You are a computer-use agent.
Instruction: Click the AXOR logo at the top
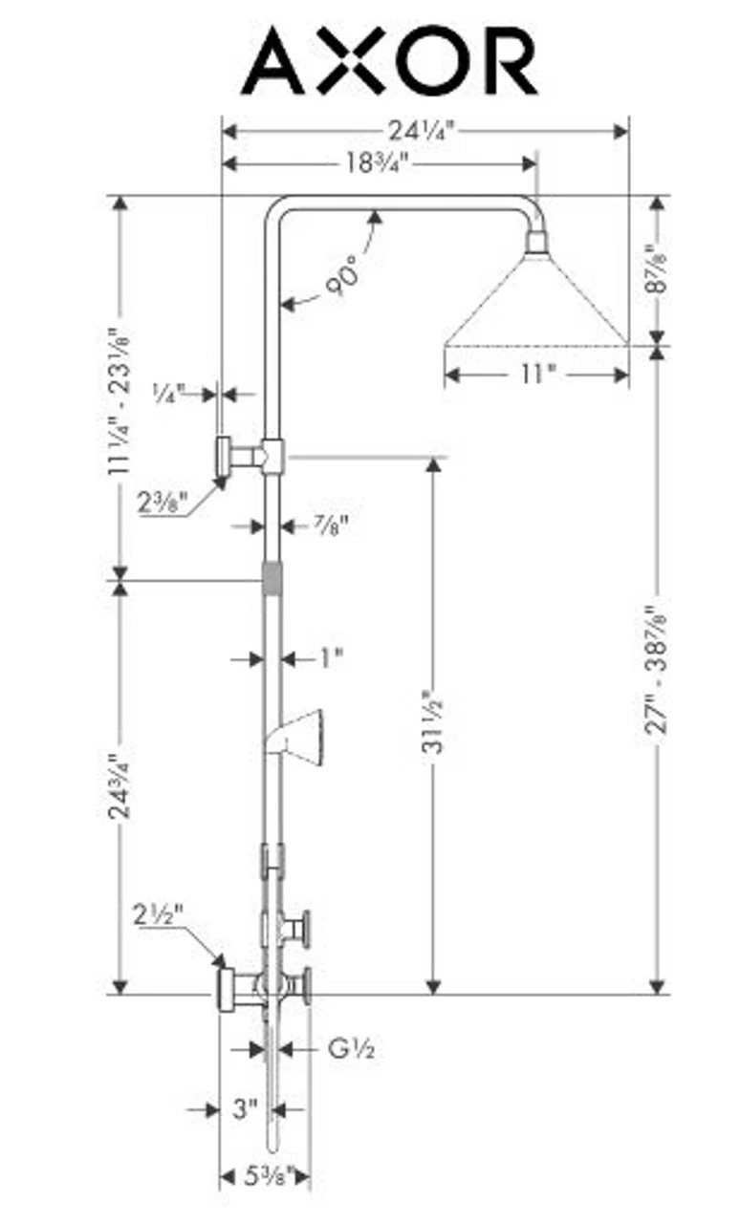click(x=389, y=62)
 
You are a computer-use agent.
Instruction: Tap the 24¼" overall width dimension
click(x=422, y=129)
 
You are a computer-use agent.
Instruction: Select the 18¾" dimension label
click(x=376, y=163)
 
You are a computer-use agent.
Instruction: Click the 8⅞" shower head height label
click(x=656, y=270)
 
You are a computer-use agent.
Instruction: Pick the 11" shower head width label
click(x=536, y=374)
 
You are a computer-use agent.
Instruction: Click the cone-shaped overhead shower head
click(x=536, y=301)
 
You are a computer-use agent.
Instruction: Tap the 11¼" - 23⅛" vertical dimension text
click(x=120, y=401)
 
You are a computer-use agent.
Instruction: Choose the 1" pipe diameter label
click(x=331, y=657)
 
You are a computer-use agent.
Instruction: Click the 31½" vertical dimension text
click(x=432, y=721)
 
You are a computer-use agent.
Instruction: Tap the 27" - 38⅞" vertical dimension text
click(x=656, y=669)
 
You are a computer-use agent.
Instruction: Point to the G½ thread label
click(x=351, y=1049)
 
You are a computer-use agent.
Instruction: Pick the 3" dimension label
click(x=246, y=1109)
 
